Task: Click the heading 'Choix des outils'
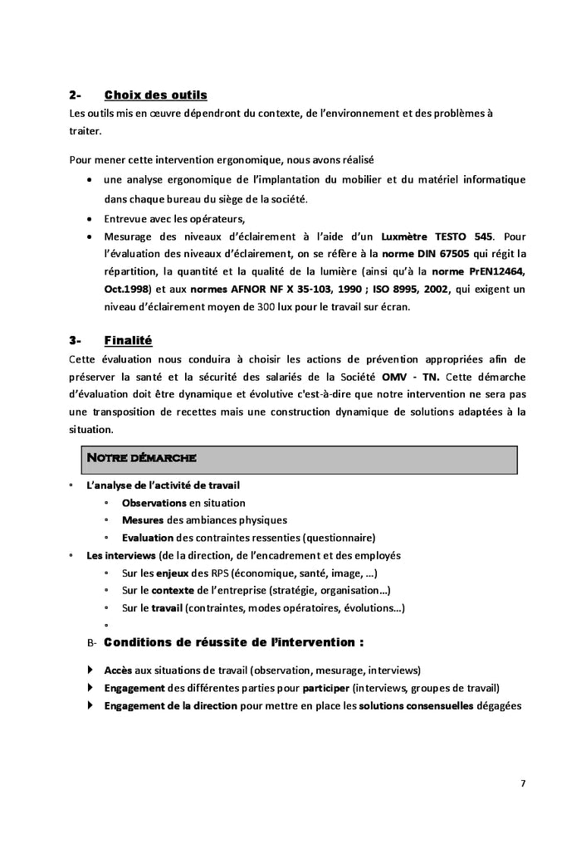click(x=155, y=95)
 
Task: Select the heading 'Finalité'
click(x=128, y=340)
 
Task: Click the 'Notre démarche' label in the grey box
click(x=141, y=458)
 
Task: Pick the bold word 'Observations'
click(x=154, y=503)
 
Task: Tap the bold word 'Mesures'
click(x=142, y=520)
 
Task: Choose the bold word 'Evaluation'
click(x=148, y=538)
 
